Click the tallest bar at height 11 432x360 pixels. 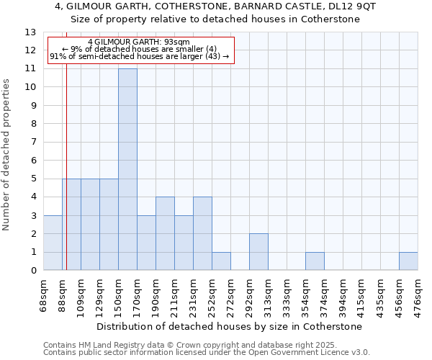(x=127, y=169)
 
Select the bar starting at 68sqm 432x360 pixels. (x=53, y=243)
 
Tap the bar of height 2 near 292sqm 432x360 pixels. (x=258, y=252)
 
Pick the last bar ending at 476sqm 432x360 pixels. (x=408, y=261)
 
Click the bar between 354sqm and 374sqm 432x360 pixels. (x=315, y=261)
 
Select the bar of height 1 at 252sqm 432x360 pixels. (x=221, y=261)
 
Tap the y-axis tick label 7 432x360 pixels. (x=33, y=143)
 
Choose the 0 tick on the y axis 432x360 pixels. (x=33, y=271)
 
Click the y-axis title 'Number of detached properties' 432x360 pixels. (x=6, y=155)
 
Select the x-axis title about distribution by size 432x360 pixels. (x=229, y=326)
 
